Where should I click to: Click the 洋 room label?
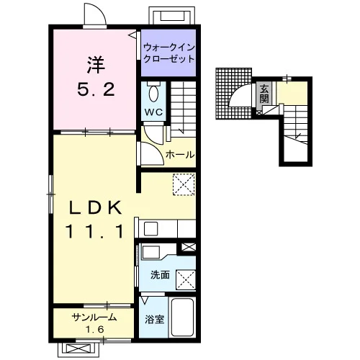point(96,65)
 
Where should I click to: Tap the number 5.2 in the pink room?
point(96,89)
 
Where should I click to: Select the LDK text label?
point(96,207)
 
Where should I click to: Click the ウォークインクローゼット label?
point(169,53)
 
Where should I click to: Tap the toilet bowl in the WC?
point(153,94)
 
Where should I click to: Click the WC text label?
point(153,112)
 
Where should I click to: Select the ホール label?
point(180,155)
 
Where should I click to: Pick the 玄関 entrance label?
point(264,94)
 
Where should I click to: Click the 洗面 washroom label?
point(160,275)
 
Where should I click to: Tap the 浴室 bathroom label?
point(154,319)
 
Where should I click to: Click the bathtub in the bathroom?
point(183,318)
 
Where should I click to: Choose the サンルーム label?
point(94,318)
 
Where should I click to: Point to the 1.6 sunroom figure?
point(95,329)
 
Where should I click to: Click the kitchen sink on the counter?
point(151,229)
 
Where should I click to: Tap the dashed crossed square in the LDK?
point(184,184)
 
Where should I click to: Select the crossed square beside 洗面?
point(186,279)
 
